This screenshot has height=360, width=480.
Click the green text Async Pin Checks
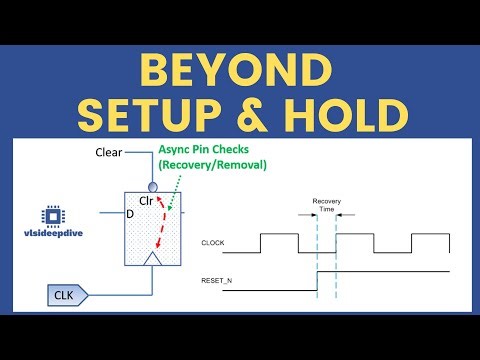point(211,149)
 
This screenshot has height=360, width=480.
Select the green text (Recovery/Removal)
point(213,164)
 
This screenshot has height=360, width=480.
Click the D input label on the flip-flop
point(129,213)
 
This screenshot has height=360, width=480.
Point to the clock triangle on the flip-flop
point(151,259)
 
